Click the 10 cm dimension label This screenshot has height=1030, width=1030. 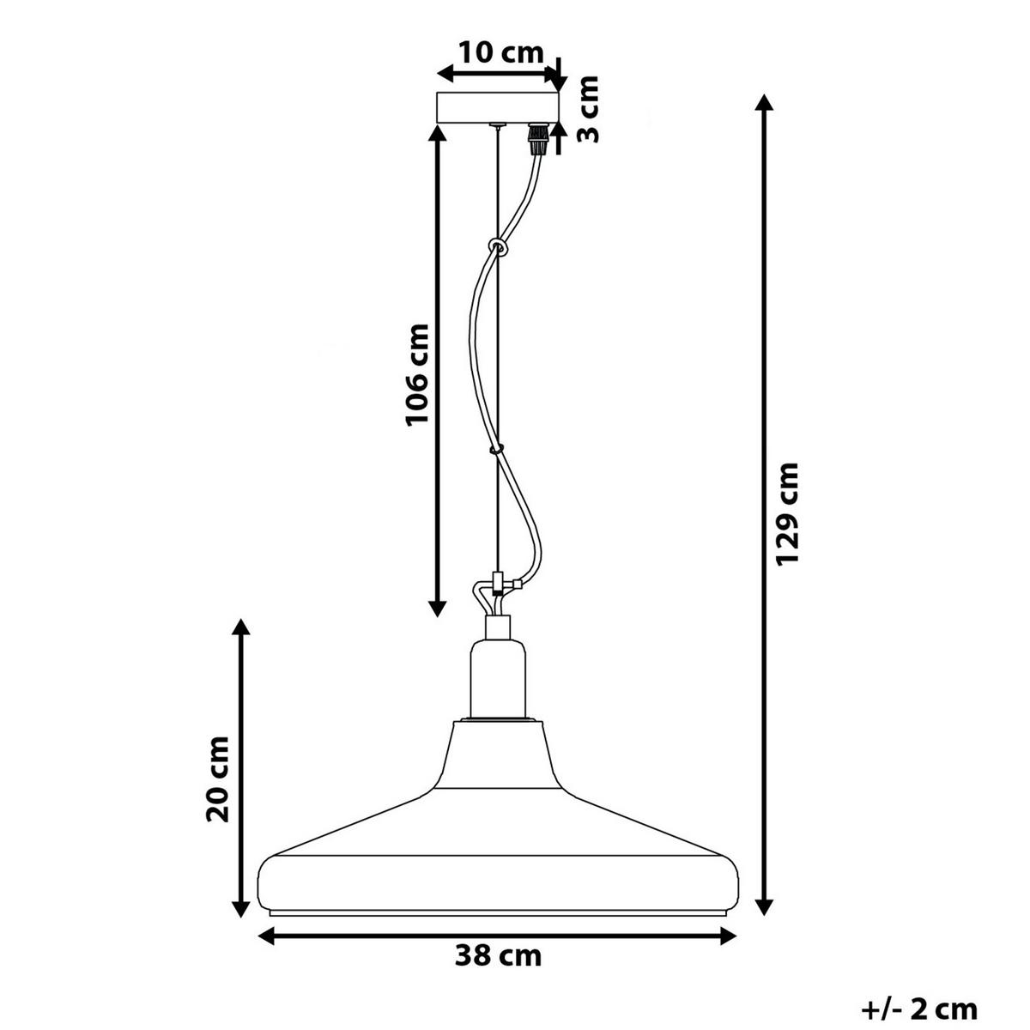500,53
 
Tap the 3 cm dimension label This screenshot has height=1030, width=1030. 589,109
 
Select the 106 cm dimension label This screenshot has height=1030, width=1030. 417,373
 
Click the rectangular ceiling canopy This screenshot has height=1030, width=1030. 498,107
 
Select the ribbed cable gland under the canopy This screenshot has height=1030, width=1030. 536,138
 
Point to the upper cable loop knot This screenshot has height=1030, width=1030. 497,247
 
